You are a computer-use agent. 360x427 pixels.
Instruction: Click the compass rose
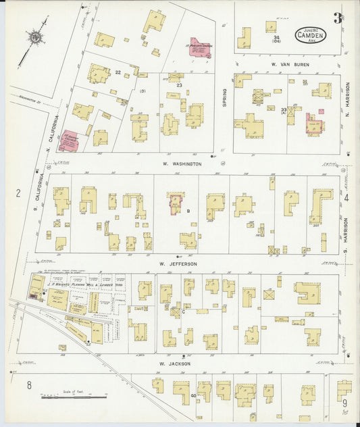click(35, 36)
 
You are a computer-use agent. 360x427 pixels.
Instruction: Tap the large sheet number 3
click(337, 18)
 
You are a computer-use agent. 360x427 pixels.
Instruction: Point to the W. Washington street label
click(182, 164)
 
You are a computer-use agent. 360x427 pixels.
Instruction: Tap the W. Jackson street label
click(175, 363)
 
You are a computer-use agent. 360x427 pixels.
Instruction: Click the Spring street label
click(225, 97)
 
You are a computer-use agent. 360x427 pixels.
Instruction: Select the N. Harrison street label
click(348, 99)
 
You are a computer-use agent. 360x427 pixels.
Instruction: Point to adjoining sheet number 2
click(18, 194)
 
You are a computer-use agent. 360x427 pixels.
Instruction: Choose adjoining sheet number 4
click(346, 198)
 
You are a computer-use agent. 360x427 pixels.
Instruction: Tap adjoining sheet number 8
click(29, 385)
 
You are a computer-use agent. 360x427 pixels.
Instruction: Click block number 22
click(118, 72)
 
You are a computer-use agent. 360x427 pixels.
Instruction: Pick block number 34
click(276, 38)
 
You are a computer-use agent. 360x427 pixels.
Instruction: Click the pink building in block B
click(176, 203)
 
